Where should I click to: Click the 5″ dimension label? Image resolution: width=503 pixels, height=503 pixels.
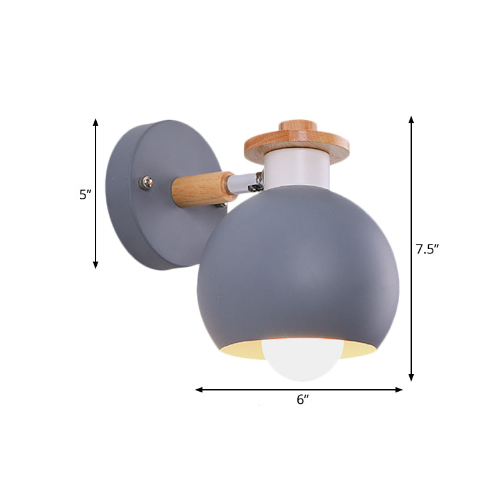(86, 195)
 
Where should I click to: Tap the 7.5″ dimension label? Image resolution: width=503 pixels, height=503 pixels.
(426, 249)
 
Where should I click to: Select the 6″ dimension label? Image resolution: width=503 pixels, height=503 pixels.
(303, 401)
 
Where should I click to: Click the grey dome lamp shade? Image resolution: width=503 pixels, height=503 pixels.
(299, 270)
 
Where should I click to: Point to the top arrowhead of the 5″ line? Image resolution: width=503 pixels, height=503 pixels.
(96, 121)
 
